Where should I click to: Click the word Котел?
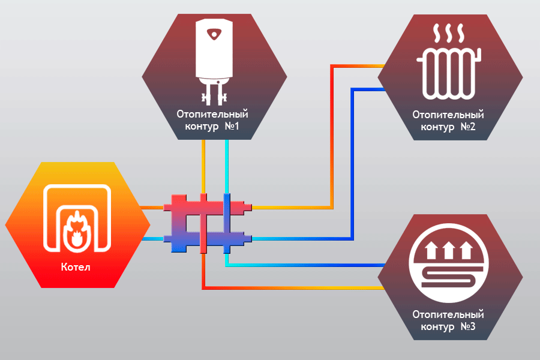[x=76, y=266]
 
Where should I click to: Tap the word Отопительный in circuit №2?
[x=448, y=114]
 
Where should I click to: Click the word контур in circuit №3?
[x=437, y=327]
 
